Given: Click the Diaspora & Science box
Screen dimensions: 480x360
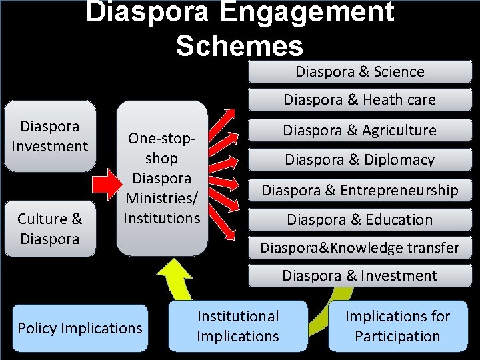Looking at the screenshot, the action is (360, 71).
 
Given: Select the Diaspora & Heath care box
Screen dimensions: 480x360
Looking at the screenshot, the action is (360, 100).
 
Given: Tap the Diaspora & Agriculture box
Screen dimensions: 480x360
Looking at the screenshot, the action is (360, 130).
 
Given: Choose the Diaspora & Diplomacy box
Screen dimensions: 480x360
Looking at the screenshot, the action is (360, 159).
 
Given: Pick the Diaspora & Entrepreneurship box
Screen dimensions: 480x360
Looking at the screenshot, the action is (360, 190).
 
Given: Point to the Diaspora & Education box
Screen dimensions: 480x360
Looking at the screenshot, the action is (360, 219).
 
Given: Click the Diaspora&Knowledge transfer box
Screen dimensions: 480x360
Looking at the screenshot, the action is (360, 248).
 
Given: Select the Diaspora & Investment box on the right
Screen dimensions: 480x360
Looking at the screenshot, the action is (360, 275).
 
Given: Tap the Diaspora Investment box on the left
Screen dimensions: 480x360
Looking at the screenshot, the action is (50, 136).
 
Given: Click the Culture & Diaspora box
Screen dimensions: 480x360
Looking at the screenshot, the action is (50, 229).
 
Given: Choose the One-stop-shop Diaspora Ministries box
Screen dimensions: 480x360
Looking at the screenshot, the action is (162, 178).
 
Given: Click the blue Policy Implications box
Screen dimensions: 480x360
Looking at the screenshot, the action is (80, 328).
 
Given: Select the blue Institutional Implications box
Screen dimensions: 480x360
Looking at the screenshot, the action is (238, 326).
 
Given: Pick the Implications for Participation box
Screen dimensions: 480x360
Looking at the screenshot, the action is (397, 326).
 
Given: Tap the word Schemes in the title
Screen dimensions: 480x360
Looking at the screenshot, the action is (239, 45).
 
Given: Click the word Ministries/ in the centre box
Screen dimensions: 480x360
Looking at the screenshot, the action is (162, 198).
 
